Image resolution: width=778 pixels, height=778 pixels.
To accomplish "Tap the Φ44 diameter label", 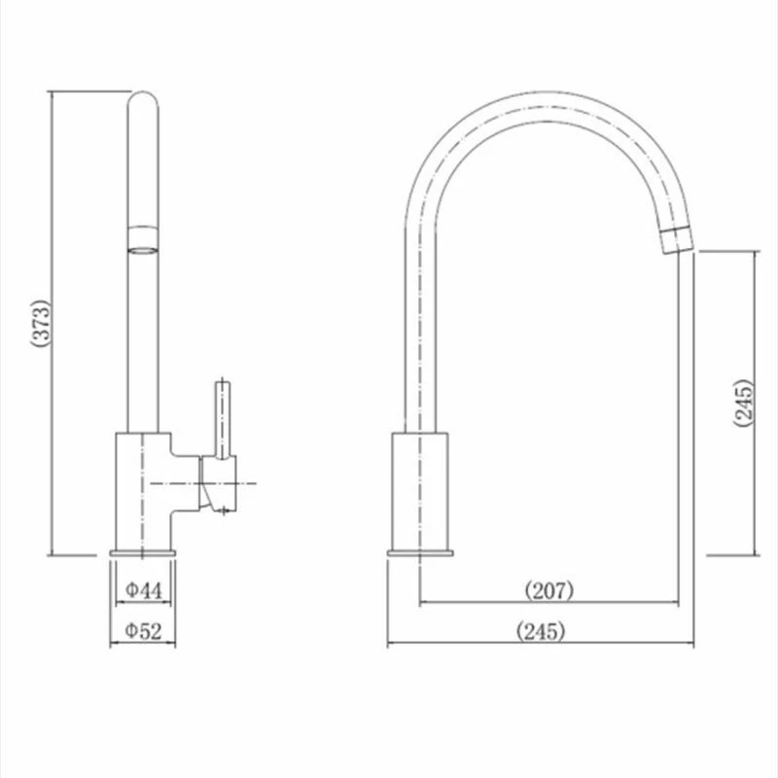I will [143, 588].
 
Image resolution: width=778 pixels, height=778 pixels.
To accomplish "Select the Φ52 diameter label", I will [143, 631].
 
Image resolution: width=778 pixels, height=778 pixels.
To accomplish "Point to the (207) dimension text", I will [548, 589].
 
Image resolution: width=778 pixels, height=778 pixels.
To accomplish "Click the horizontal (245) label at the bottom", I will [542, 631].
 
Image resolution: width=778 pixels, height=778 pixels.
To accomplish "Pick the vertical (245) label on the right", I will [743, 401].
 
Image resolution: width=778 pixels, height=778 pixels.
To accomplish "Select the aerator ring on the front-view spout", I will [144, 237].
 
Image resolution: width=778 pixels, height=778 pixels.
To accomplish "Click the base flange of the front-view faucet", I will [144, 553].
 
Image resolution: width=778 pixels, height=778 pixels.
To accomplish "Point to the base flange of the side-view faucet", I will [419, 553].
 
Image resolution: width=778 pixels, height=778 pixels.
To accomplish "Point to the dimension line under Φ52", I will [143, 645].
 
